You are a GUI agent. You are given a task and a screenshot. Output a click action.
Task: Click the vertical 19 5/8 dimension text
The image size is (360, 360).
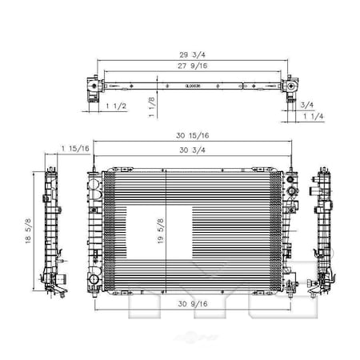[161, 233]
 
